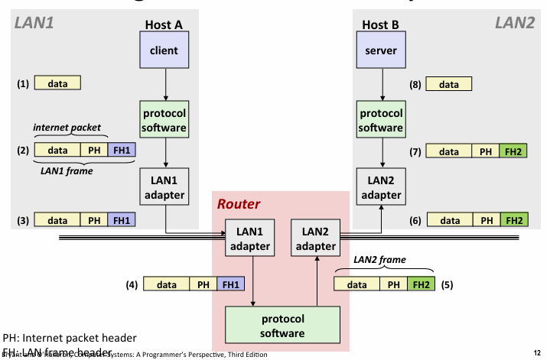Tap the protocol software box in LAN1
pyautogui.click(x=163, y=120)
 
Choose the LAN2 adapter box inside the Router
pyautogui.click(x=315, y=238)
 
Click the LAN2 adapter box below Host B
pyautogui.click(x=380, y=187)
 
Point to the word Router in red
pyautogui.click(x=239, y=205)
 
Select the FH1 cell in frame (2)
pyautogui.click(x=122, y=151)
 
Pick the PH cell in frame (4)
pyautogui.click(x=203, y=284)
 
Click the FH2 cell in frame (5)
pyautogui.click(x=419, y=284)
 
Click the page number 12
pyautogui.click(x=539, y=352)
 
